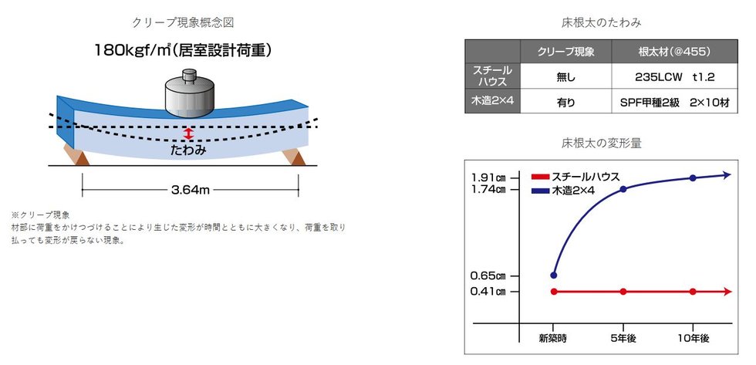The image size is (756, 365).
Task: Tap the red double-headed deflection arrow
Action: pos(188,134)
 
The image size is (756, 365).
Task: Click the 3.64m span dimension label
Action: pos(191,190)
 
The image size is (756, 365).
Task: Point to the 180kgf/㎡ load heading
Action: pos(182,49)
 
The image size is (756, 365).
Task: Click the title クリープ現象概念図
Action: pos(183,22)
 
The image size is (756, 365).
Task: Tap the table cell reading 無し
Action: pos(566,76)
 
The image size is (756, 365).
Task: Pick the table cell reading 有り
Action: pos(566,102)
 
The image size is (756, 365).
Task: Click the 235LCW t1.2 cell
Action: pos(674,76)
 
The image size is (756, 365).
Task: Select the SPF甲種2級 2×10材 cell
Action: pos(674,102)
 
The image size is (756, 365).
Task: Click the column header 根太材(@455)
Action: pos(674,52)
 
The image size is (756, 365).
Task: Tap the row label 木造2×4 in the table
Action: pos(492,101)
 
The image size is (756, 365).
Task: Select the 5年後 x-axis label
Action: pos(623,339)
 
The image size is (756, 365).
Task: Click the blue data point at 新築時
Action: pos(554,275)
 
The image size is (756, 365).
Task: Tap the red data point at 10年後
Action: pos(693,291)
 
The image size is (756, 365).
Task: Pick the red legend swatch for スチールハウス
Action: pos(541,177)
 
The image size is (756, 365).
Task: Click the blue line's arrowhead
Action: pos(727,174)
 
